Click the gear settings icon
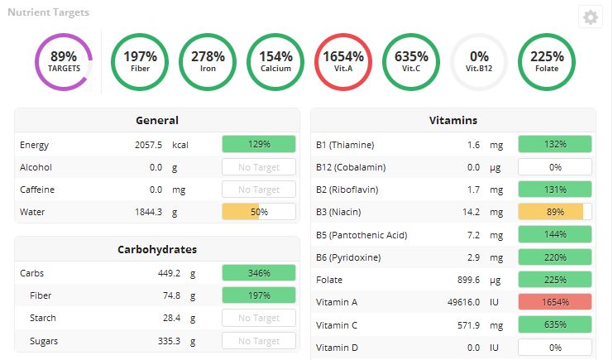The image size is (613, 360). pos(590,17)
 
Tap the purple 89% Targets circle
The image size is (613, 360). pos(64,61)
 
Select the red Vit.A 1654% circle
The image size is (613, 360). pos(344,61)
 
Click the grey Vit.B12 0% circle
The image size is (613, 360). pos(479,61)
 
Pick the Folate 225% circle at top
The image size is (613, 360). pos(547,61)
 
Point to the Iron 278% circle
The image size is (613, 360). pos(208,61)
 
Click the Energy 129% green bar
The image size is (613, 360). pos(259,144)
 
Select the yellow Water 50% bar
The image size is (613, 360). pos(259,212)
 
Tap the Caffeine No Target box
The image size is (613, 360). pos(259,190)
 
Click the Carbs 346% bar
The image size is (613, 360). pos(259,272)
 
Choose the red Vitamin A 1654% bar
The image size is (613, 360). pos(555,302)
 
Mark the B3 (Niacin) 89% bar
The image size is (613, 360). pos(555,212)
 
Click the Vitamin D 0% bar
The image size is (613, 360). pos(555,348)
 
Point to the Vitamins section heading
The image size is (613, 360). pos(453,120)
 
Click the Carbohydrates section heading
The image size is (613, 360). pos(157,248)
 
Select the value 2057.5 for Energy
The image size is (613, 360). pos(148,145)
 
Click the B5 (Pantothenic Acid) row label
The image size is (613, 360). pos(362,235)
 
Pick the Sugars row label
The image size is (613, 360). pos(44,341)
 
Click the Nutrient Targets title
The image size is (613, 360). pos(49,13)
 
